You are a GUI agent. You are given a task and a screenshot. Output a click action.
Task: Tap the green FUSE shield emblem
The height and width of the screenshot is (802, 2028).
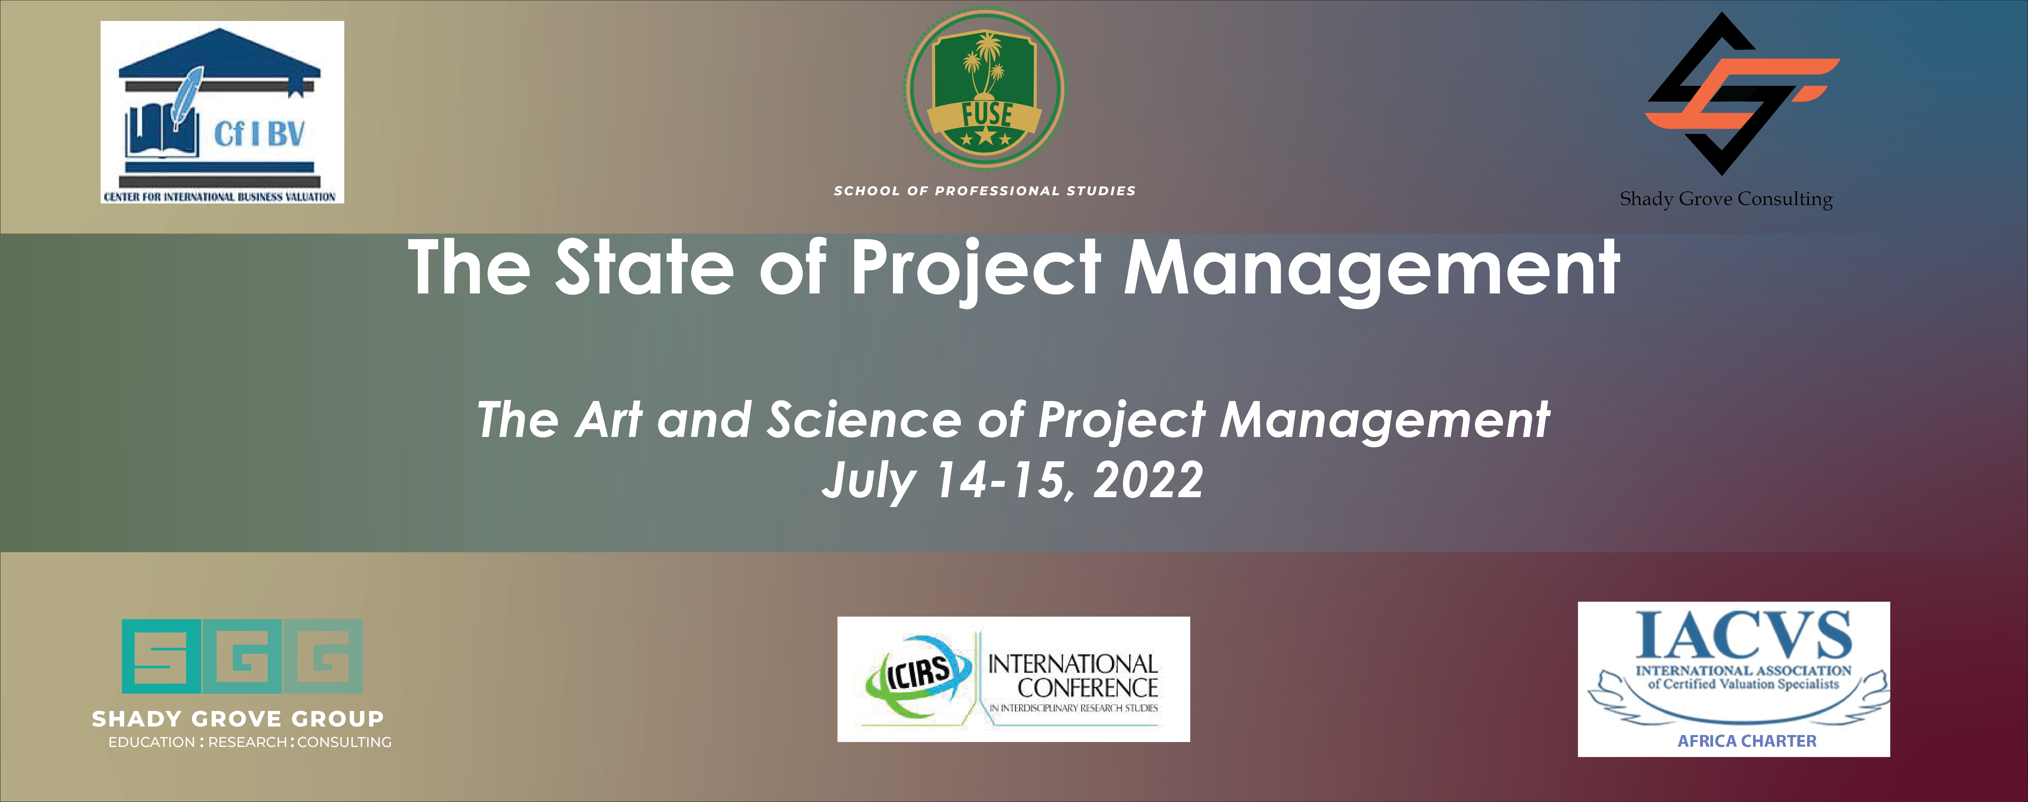985,88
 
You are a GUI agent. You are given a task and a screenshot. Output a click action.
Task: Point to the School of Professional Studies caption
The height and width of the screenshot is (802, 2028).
985,191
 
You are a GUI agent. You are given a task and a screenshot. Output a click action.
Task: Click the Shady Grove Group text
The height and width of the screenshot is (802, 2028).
238,718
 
